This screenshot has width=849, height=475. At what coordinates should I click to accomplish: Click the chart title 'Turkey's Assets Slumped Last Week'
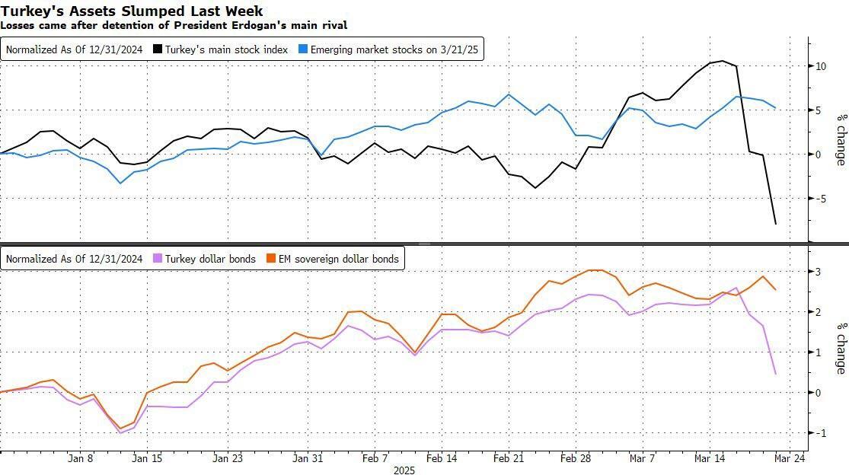click(x=132, y=11)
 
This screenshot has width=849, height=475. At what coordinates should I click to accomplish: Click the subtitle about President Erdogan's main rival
click(x=174, y=25)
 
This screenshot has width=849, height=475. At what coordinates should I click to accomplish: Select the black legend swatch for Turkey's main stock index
click(x=158, y=50)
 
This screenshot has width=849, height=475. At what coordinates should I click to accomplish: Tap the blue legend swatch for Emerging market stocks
click(x=303, y=50)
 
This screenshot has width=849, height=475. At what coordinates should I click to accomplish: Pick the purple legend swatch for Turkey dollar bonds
click(x=158, y=259)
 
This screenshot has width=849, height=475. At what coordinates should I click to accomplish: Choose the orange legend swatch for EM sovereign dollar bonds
click(x=270, y=259)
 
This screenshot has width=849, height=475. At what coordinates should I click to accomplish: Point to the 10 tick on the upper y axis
click(x=821, y=66)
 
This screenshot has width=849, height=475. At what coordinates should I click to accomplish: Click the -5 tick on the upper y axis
click(x=820, y=199)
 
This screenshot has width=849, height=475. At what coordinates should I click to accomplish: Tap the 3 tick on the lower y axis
click(x=818, y=272)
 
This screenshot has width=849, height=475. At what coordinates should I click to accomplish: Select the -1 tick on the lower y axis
click(x=819, y=433)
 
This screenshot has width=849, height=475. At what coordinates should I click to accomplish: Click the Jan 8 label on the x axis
click(x=80, y=459)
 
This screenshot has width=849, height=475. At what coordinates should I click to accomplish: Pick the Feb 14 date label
click(x=442, y=459)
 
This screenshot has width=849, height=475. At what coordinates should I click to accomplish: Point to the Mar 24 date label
click(x=790, y=459)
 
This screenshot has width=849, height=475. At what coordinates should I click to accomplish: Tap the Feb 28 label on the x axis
click(x=576, y=459)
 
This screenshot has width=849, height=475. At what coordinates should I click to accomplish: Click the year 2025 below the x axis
click(x=404, y=470)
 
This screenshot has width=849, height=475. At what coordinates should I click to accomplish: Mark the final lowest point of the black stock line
click(x=776, y=224)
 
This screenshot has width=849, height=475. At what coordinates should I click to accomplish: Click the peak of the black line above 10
click(x=722, y=61)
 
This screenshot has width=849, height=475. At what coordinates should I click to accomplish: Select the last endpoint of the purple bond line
click(x=776, y=374)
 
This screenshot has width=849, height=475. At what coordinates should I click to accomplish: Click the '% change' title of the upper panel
click(x=841, y=139)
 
